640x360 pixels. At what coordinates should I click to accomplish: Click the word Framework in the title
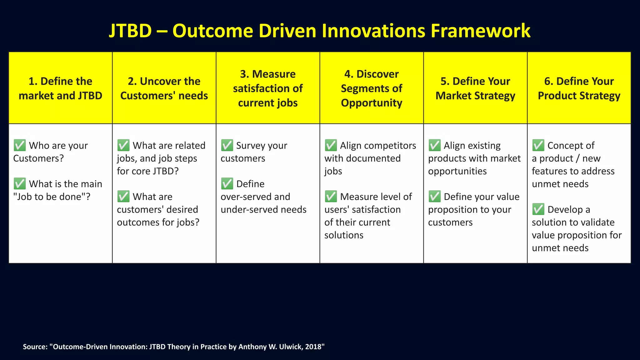[480, 31]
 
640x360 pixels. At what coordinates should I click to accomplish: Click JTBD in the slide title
[130, 31]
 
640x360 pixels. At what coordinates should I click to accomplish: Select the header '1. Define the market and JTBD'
[60, 88]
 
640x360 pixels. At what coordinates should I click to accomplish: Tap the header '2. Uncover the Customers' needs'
[164, 88]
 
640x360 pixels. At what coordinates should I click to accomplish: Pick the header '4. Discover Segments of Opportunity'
[372, 88]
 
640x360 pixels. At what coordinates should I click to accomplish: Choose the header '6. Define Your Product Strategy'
[579, 88]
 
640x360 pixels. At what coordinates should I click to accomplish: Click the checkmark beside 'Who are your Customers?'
[20, 145]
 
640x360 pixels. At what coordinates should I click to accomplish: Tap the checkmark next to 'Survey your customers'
[227, 145]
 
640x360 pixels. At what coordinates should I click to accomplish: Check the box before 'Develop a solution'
[538, 209]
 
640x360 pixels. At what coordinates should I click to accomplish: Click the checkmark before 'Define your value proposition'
[435, 197]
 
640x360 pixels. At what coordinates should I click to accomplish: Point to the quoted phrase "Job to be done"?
[52, 197]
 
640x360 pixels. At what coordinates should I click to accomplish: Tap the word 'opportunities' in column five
[457, 171]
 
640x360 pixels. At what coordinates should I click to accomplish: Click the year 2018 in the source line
[313, 347]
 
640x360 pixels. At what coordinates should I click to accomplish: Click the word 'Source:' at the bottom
[35, 347]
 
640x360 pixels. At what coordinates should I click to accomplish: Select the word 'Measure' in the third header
[274, 74]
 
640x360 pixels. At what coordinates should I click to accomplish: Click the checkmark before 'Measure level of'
[331, 197]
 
